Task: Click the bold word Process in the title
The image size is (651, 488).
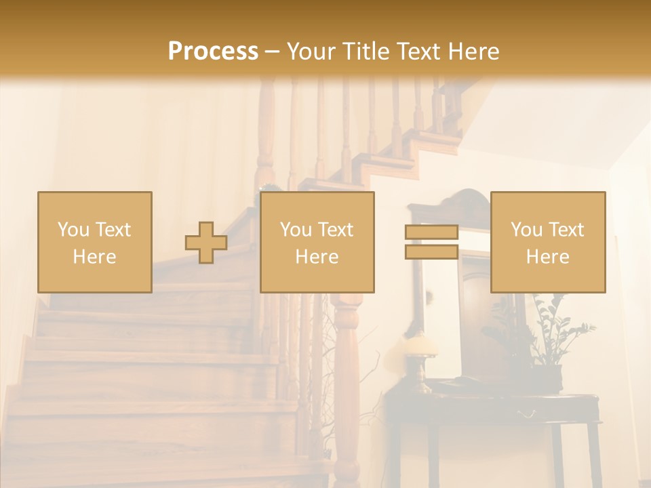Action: pyautogui.click(x=213, y=52)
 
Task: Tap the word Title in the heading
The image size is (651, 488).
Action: pyautogui.click(x=364, y=52)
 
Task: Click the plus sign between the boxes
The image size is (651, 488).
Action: pyautogui.click(x=206, y=243)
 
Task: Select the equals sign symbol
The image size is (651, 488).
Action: pyautogui.click(x=431, y=242)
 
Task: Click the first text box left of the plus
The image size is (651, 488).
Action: pyautogui.click(x=94, y=242)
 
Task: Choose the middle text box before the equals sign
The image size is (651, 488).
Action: pyautogui.click(x=317, y=242)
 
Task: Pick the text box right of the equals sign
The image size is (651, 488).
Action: pyautogui.click(x=547, y=242)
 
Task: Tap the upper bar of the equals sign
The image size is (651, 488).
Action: pyautogui.click(x=431, y=232)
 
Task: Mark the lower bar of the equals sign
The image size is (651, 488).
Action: pyautogui.click(x=431, y=252)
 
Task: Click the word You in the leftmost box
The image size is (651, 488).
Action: pyautogui.click(x=73, y=229)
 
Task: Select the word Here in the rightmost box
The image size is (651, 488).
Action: pyautogui.click(x=547, y=256)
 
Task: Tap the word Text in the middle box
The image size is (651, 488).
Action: pyautogui.click(x=336, y=229)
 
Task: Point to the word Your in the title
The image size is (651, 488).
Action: pyautogui.click(x=311, y=52)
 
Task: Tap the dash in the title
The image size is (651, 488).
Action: pyautogui.click(x=272, y=52)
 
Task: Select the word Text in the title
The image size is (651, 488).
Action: pyautogui.click(x=416, y=52)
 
